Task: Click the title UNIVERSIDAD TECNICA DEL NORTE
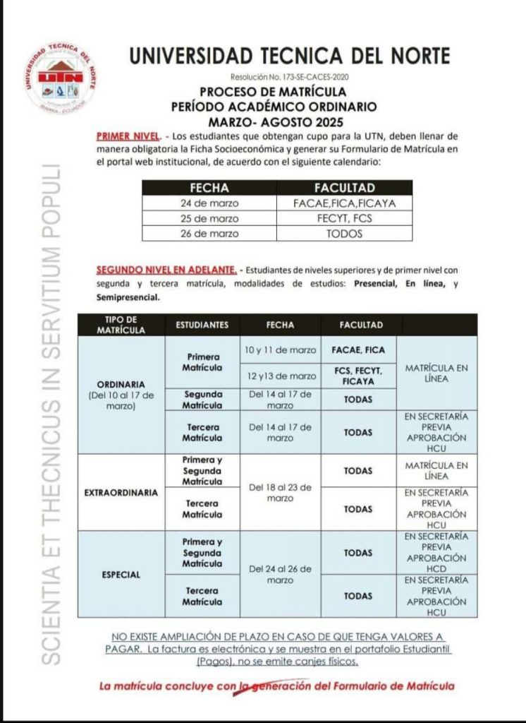[x=289, y=56]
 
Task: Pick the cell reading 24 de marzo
[x=200, y=203]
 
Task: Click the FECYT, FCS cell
[x=344, y=218]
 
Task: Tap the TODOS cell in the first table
[x=344, y=234]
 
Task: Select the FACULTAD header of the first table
[x=344, y=189]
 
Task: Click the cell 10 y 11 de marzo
[x=280, y=350]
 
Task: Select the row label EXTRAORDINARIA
[x=121, y=492]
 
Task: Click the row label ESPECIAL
[x=121, y=575]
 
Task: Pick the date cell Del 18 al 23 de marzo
[x=280, y=492]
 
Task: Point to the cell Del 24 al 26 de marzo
[x=280, y=574]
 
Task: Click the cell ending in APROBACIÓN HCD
[x=436, y=552]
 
